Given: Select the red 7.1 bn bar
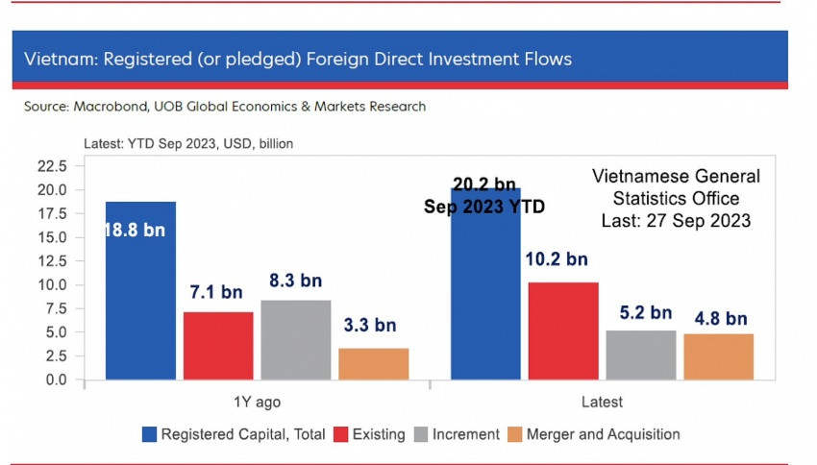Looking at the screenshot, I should tap(218, 345).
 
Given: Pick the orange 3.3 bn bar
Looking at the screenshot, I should tap(373, 363).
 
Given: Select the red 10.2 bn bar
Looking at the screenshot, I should tap(563, 330).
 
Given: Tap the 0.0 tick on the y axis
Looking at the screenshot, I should tap(54, 379).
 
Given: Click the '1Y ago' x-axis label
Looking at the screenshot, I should tap(258, 402).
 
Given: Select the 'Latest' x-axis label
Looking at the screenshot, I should tap(602, 402).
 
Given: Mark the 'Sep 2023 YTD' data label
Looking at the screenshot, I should tap(484, 207).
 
